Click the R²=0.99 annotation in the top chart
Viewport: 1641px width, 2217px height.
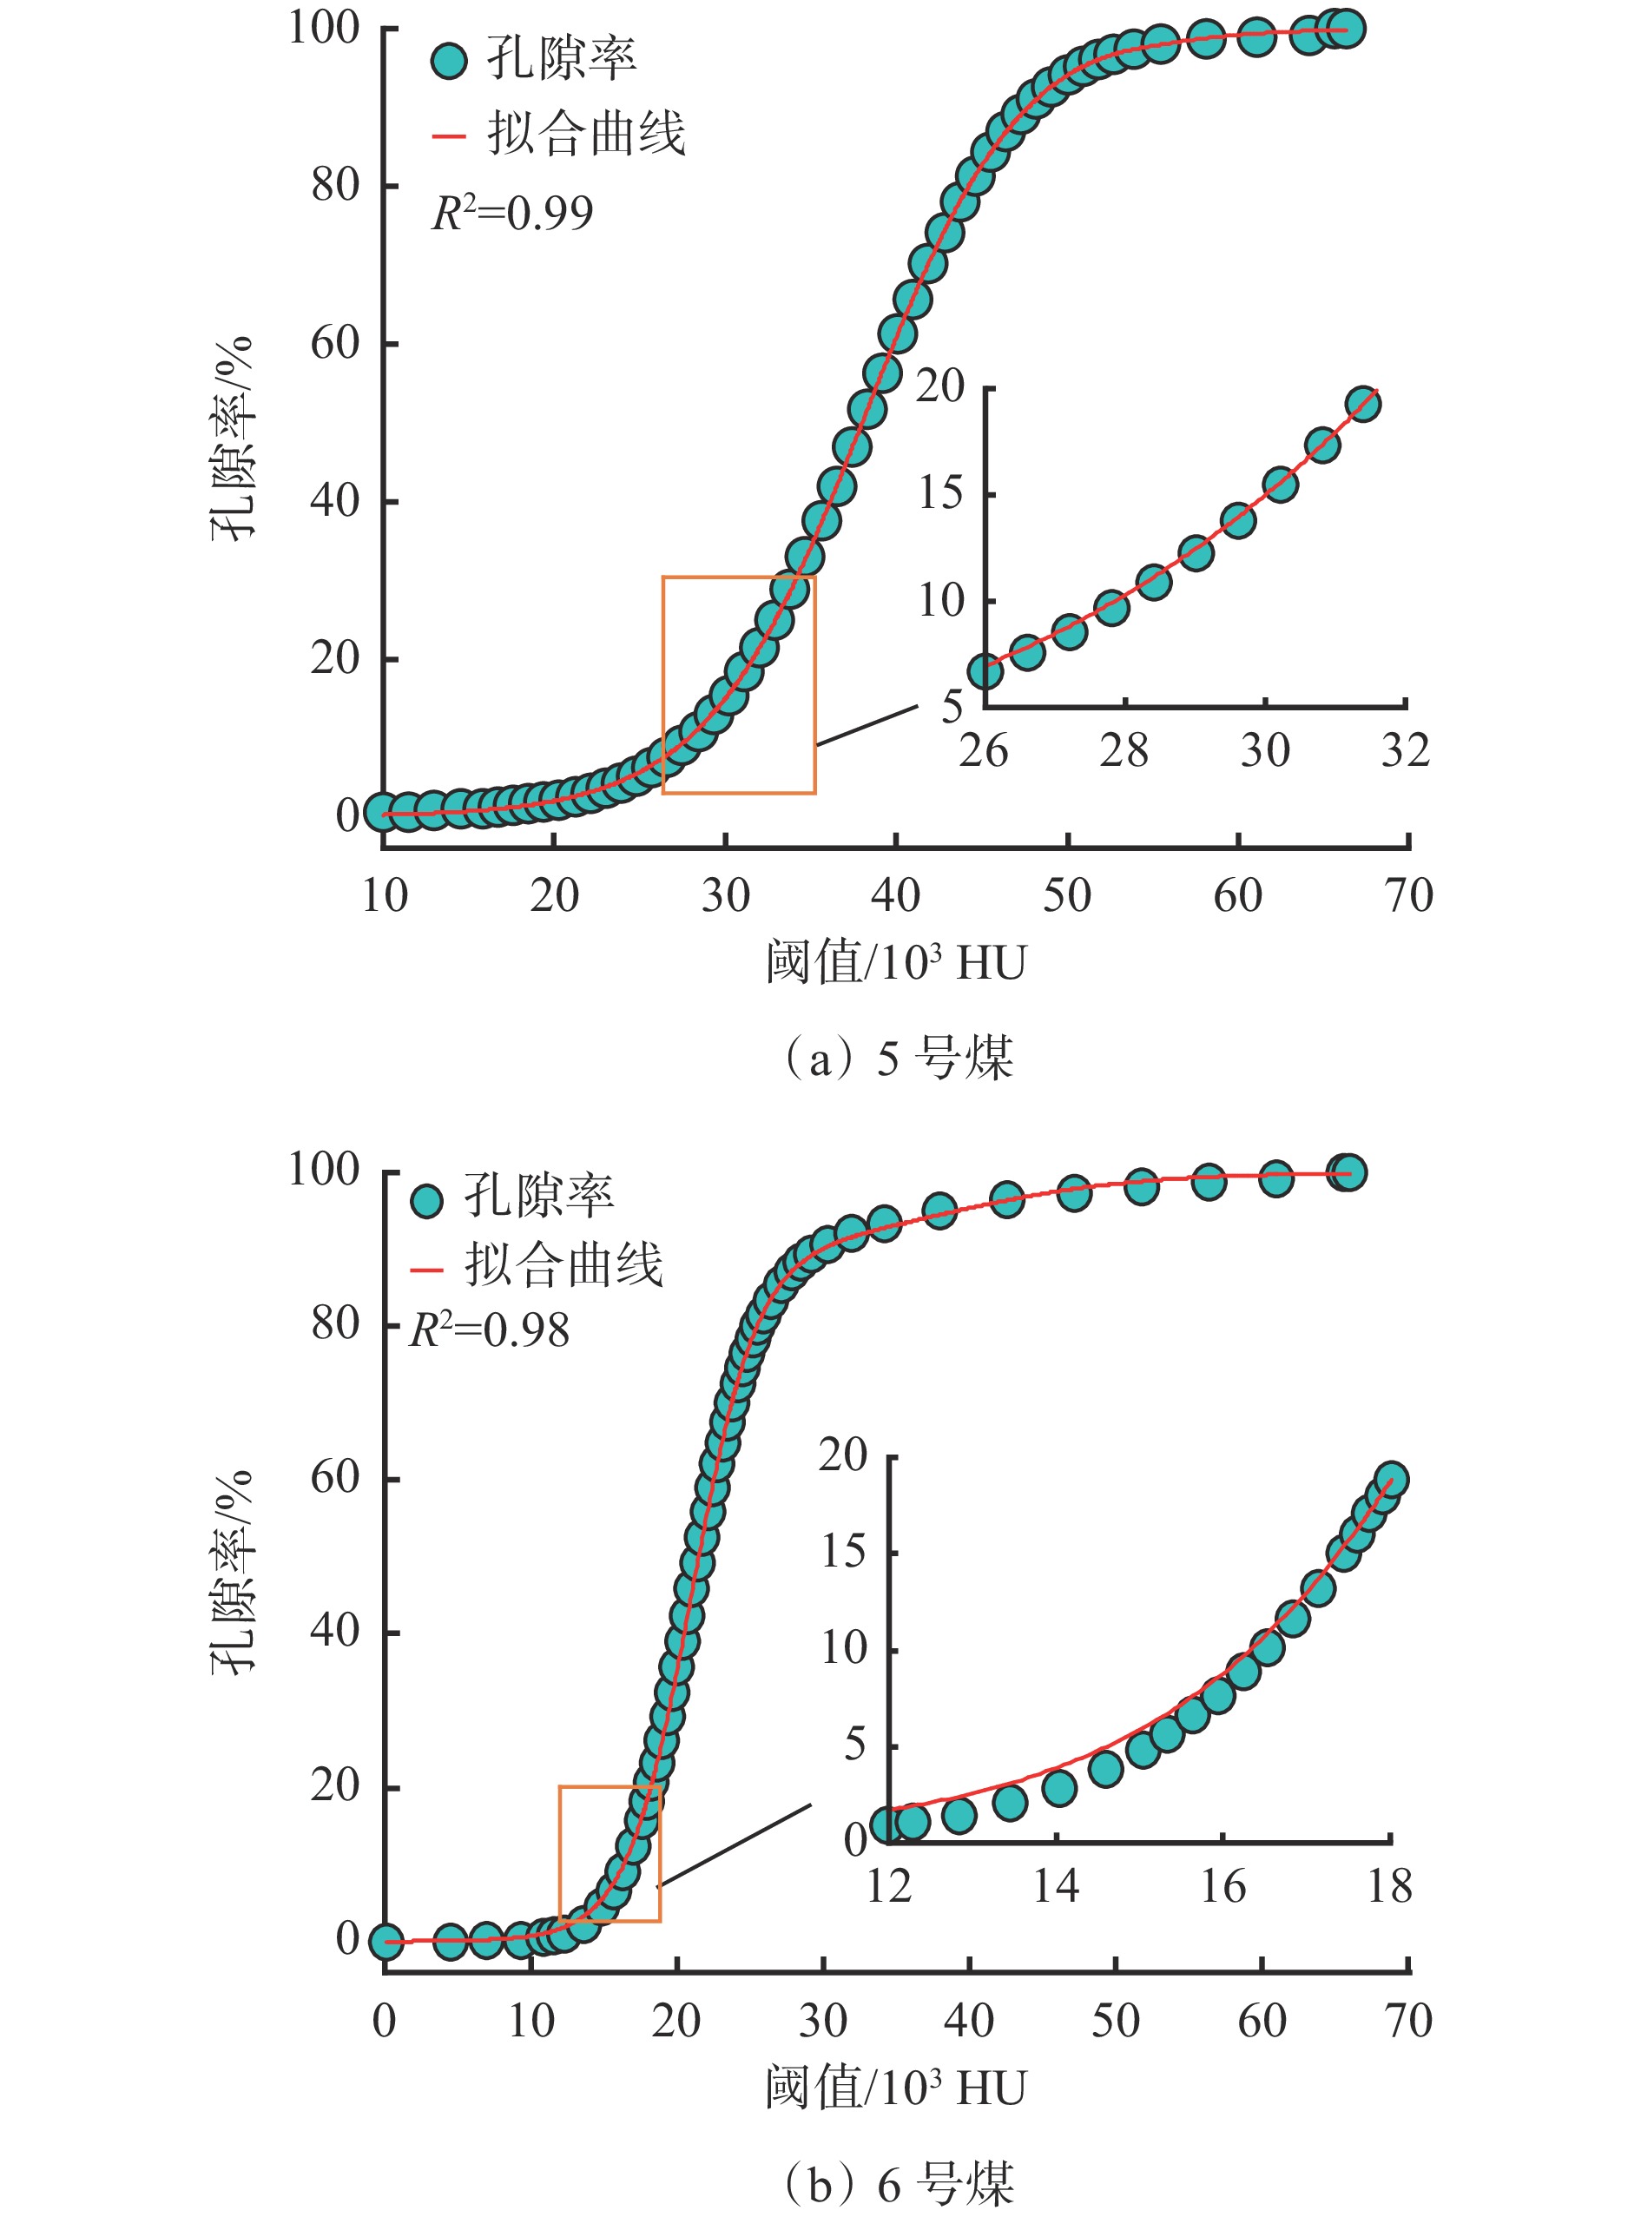coord(511,213)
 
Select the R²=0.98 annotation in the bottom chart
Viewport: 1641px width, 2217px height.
coord(490,1330)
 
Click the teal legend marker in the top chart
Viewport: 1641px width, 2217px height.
coord(449,61)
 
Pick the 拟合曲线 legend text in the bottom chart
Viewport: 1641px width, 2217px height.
coord(563,1265)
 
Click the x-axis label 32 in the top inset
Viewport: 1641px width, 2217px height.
coord(1405,751)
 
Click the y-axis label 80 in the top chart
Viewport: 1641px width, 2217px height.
coord(335,185)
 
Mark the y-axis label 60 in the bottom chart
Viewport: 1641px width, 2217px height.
coord(335,1477)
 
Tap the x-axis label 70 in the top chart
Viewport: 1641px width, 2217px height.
coord(1408,896)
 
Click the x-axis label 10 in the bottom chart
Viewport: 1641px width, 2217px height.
coord(531,2022)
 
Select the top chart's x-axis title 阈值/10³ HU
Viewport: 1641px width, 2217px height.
coord(895,962)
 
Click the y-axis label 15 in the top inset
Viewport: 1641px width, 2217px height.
coord(939,493)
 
